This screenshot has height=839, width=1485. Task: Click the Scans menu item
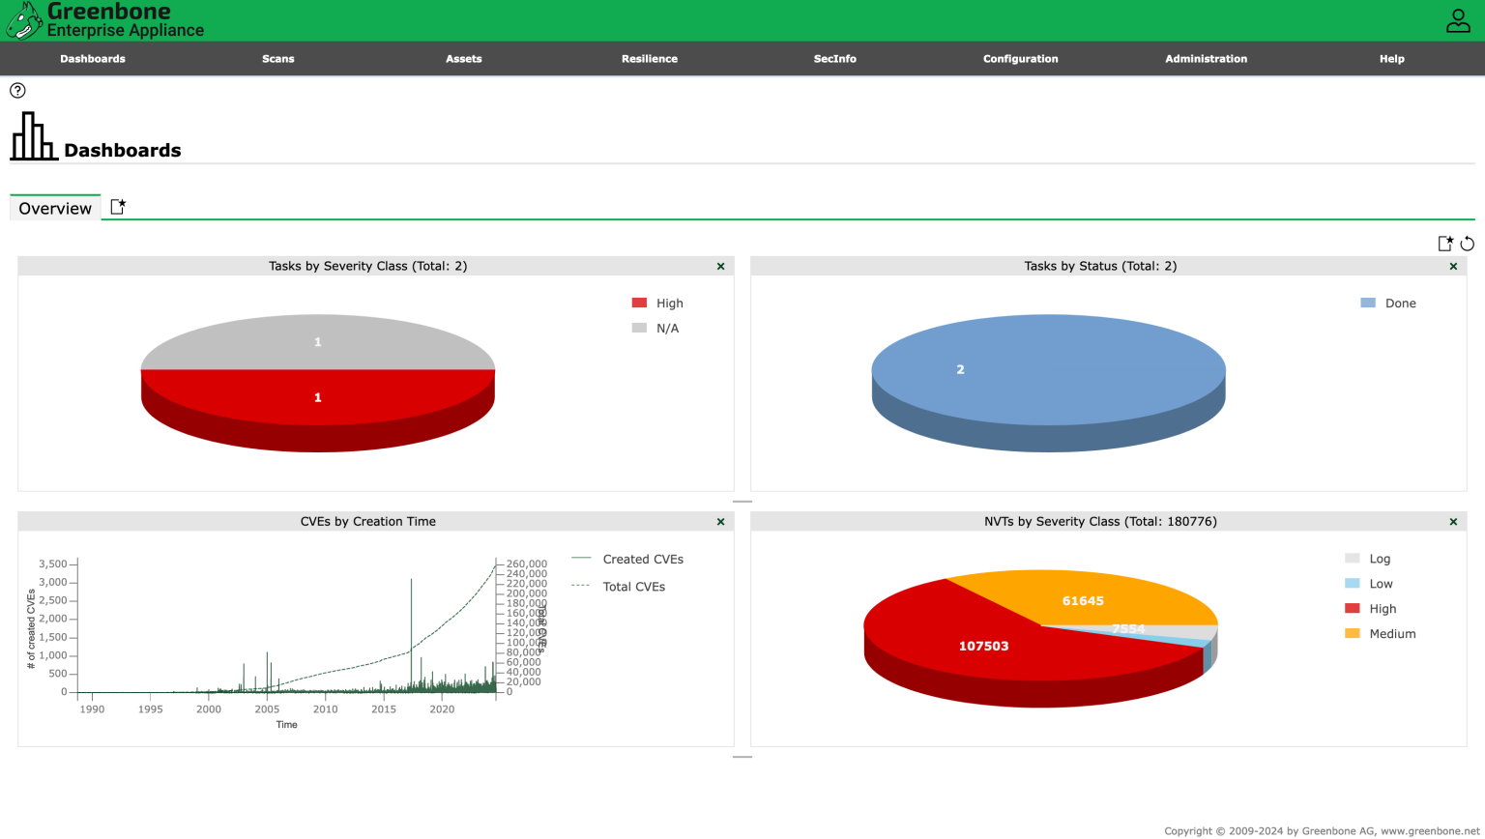pyautogui.click(x=277, y=59)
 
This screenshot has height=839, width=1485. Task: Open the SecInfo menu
pyautogui.click(x=834, y=59)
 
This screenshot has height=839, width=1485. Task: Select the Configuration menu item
pyautogui.click(x=1020, y=59)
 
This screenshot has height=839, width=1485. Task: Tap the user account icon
pyautogui.click(x=1457, y=20)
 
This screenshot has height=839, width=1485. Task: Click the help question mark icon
pyautogui.click(x=17, y=91)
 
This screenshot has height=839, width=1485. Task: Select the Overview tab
pyautogui.click(x=55, y=208)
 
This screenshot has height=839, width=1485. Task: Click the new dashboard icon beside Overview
pyautogui.click(x=118, y=207)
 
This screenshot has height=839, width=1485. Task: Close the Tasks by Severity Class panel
pyautogui.click(x=720, y=267)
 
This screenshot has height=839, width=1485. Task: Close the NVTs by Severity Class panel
pyautogui.click(x=1453, y=522)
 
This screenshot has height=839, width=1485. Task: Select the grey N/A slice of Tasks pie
pyautogui.click(x=317, y=341)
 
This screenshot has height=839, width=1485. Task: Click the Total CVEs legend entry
pyautogui.click(x=633, y=587)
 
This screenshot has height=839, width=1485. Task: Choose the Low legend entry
pyautogui.click(x=1381, y=584)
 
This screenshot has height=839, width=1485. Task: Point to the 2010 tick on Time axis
pyautogui.click(x=326, y=709)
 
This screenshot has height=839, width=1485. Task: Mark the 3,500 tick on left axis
pyautogui.click(x=53, y=564)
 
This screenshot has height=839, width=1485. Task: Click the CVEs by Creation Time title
pyautogui.click(x=367, y=522)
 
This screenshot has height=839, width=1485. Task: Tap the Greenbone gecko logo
pyautogui.click(x=24, y=20)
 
